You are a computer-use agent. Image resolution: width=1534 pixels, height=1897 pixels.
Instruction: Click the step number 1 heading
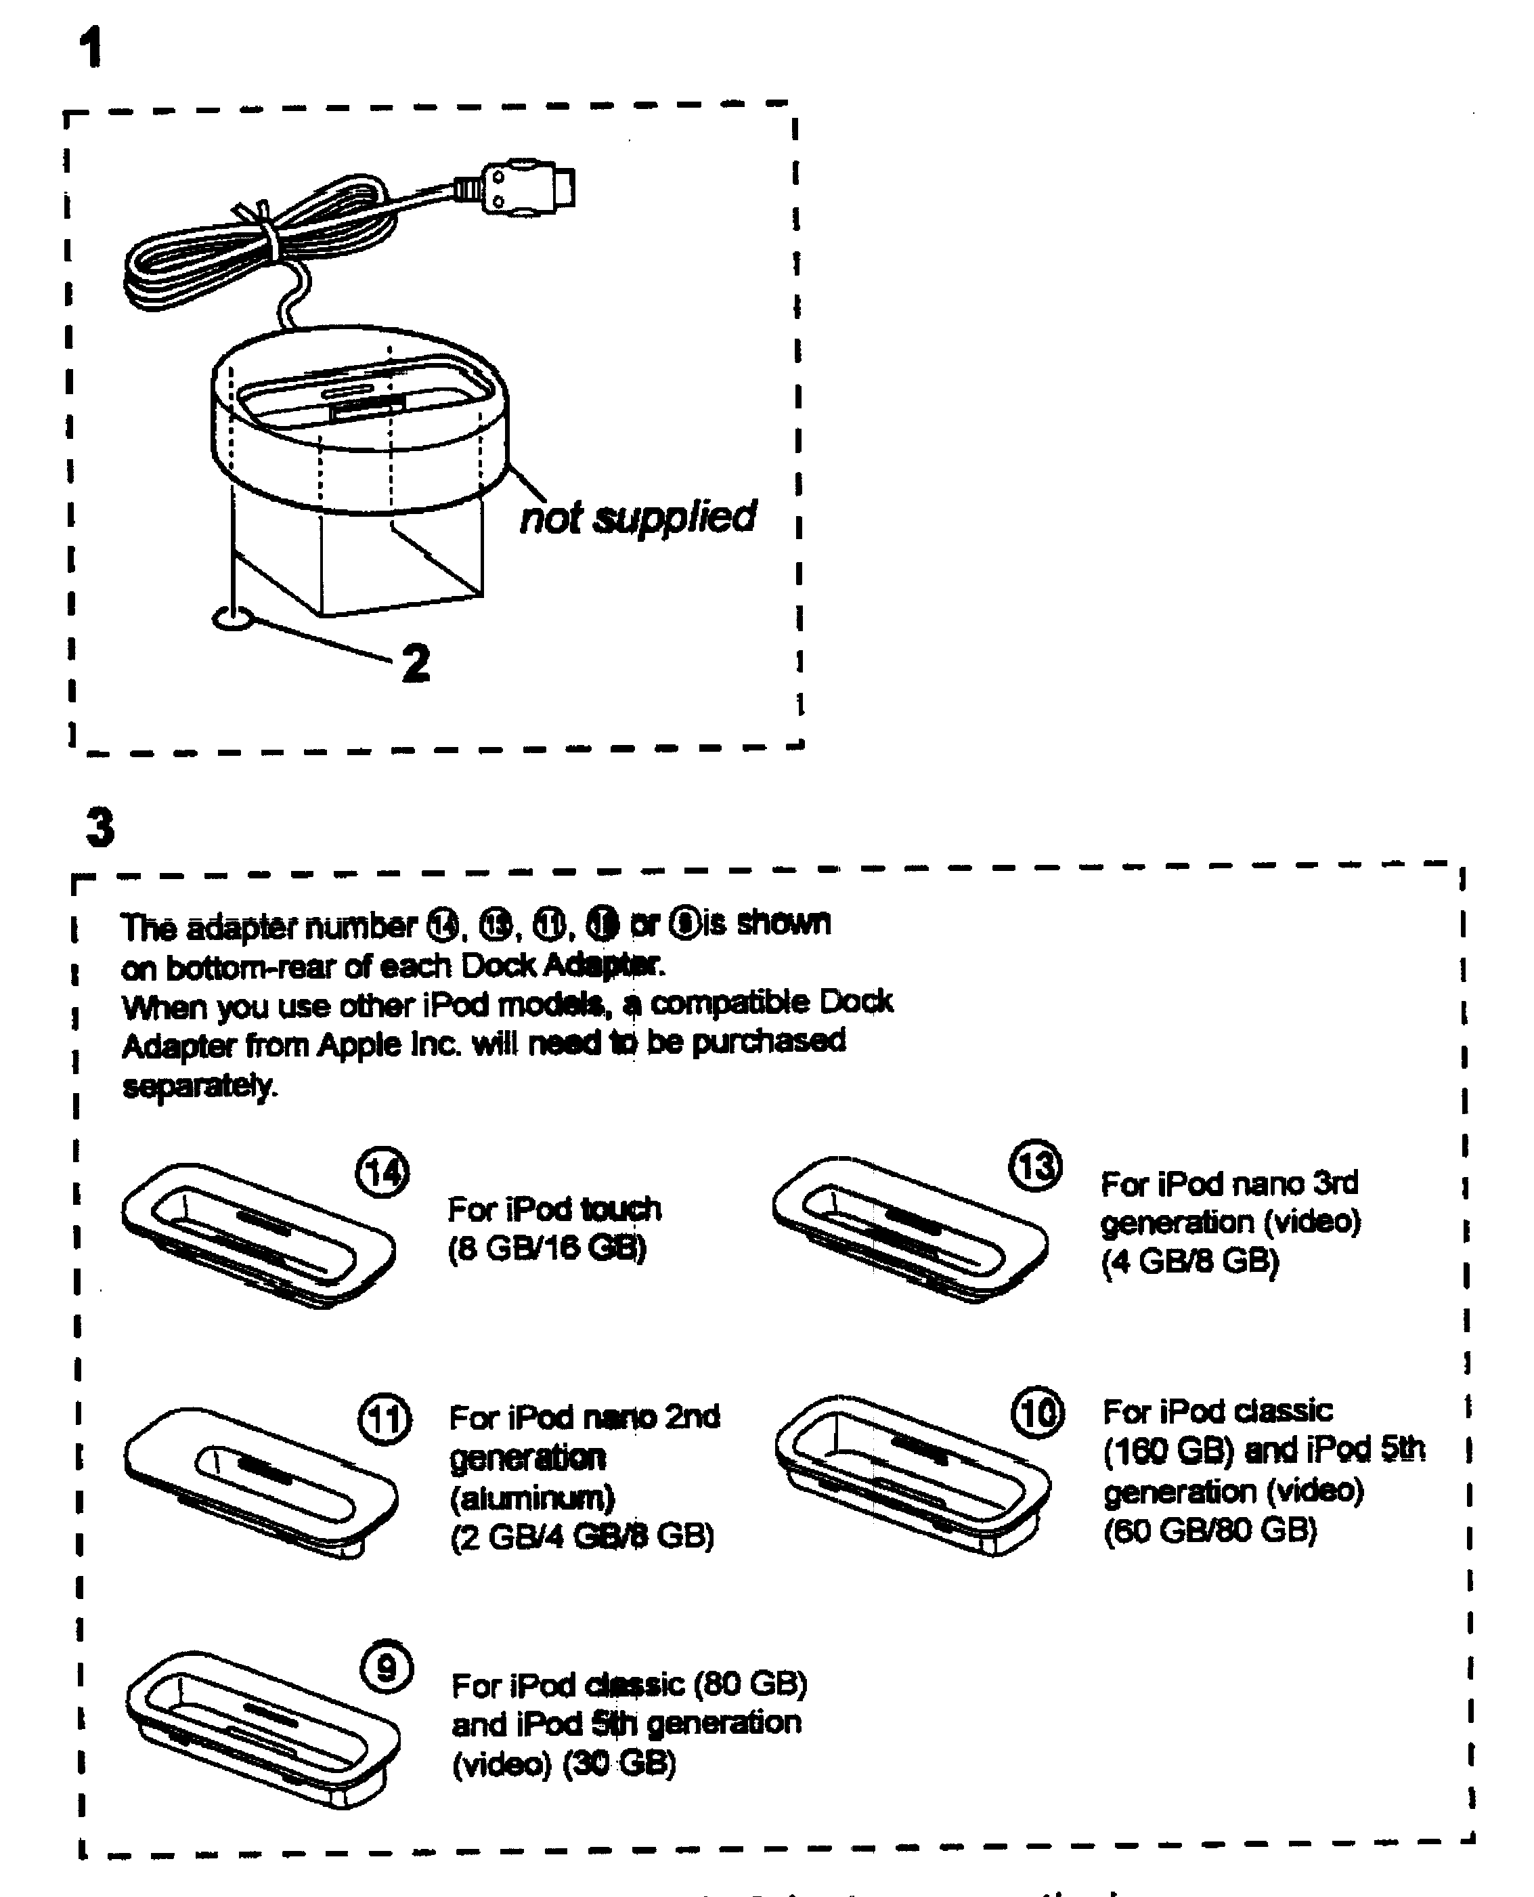[91, 49]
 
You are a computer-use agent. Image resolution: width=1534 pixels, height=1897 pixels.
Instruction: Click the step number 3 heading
[100, 828]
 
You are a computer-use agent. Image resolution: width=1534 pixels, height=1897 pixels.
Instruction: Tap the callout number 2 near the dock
[415, 663]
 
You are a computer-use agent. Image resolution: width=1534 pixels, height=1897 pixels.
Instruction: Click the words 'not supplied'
[637, 517]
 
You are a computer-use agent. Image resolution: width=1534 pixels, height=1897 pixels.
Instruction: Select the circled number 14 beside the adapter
[382, 1173]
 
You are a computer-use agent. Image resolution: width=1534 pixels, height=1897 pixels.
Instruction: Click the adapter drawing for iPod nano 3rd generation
[910, 1229]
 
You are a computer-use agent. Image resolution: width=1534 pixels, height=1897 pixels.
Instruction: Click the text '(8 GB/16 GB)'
[547, 1248]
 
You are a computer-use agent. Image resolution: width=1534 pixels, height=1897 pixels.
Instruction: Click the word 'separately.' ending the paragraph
[200, 1086]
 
